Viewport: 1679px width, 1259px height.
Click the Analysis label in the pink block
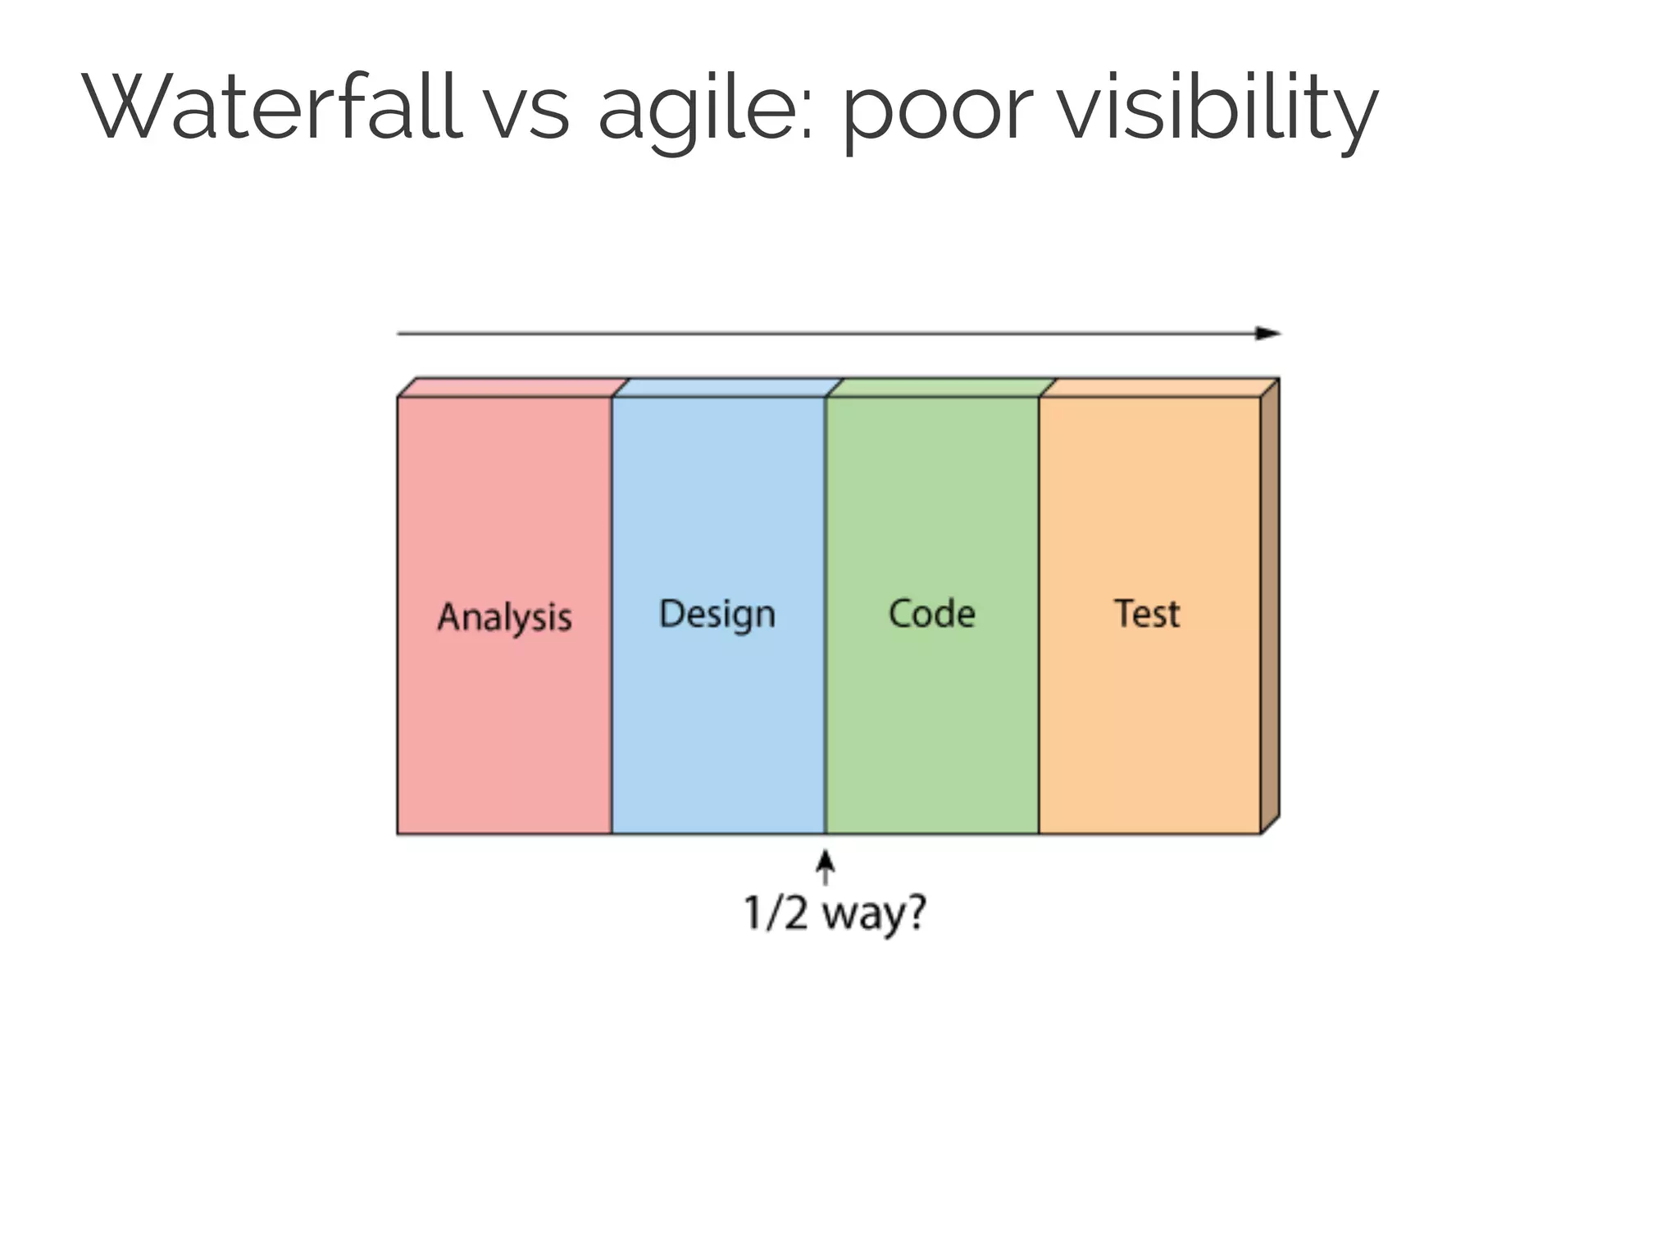[504, 617]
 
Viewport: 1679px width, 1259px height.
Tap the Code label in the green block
[932, 613]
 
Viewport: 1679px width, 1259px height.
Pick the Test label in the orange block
[1147, 613]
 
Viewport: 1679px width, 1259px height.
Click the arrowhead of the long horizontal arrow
[1269, 333]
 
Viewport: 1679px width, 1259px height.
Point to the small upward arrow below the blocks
[826, 866]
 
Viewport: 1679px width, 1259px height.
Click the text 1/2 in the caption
[775, 913]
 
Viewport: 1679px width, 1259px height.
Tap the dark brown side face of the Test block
[1270, 607]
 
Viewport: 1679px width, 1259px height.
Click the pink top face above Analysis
[513, 388]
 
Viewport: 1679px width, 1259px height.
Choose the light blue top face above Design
[727, 388]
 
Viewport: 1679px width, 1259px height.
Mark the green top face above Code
[941, 388]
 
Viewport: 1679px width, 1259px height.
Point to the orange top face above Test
[1158, 388]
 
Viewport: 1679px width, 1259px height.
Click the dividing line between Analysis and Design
[612, 615]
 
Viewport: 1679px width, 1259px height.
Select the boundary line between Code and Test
[1039, 615]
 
